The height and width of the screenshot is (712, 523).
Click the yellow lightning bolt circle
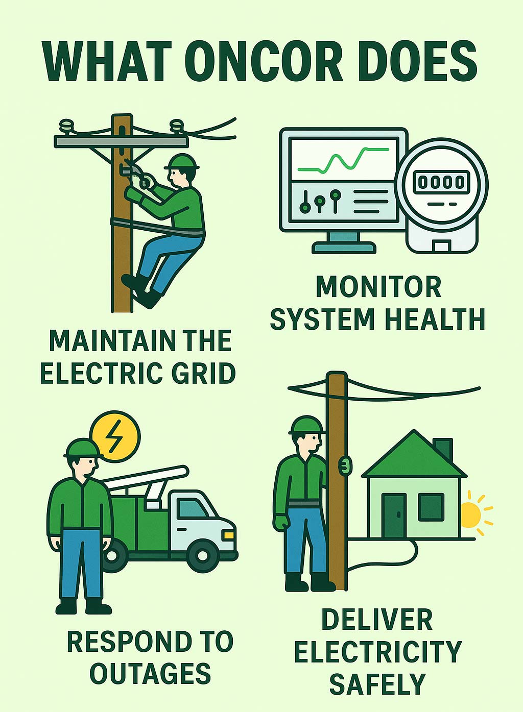click(x=115, y=437)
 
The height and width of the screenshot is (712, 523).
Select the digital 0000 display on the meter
click(x=441, y=182)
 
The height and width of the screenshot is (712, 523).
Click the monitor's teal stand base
click(x=344, y=248)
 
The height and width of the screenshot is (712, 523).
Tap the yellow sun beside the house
click(x=470, y=515)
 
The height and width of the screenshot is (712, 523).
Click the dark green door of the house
click(x=394, y=515)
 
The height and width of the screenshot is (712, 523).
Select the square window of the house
click(x=431, y=507)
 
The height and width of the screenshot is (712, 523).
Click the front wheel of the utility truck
click(x=203, y=555)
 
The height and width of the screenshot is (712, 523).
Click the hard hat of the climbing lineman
click(x=181, y=162)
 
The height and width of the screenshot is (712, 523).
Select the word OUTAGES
click(x=150, y=674)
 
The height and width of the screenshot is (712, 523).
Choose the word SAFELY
click(x=377, y=684)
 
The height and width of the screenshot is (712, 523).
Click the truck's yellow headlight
click(x=228, y=535)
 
